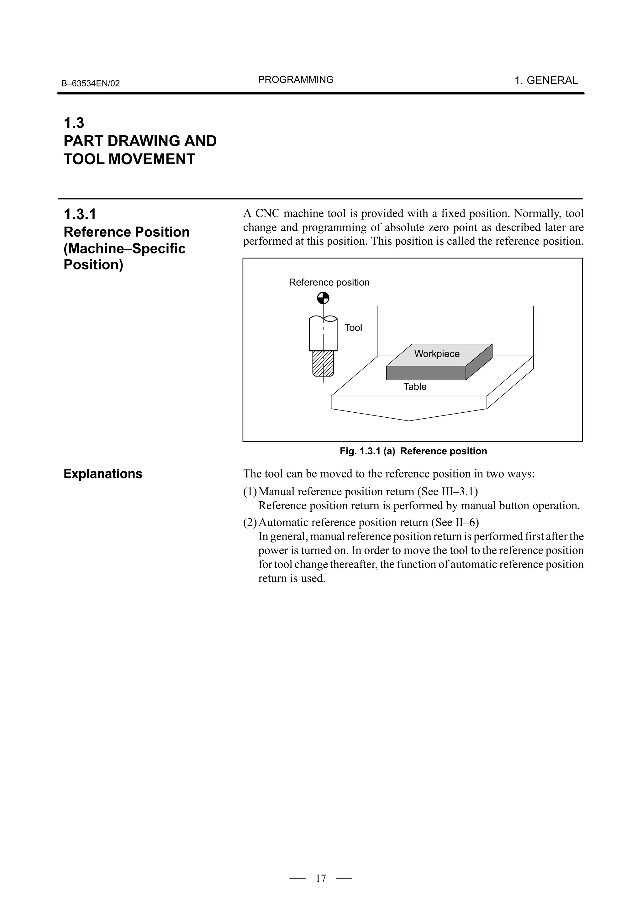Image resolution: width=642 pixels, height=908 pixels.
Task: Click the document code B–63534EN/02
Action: pos(90,83)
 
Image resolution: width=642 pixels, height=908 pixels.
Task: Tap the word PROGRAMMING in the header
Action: pos(296,80)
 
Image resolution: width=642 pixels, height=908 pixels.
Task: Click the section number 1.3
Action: pos(74,123)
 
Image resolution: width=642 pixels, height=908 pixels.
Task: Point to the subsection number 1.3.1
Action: pos(80,214)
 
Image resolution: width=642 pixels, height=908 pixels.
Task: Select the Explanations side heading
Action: pos(103,473)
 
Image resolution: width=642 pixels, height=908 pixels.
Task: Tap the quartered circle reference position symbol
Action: pos(323,298)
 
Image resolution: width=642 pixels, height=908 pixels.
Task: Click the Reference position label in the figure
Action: pos(329,282)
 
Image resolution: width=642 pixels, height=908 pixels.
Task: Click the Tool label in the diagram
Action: pos(353,327)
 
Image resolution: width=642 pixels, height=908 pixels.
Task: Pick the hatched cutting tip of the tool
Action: pos(323,363)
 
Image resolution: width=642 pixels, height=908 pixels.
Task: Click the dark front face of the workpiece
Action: pos(426,373)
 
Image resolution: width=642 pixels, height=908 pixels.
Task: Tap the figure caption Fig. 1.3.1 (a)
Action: pos(367,451)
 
